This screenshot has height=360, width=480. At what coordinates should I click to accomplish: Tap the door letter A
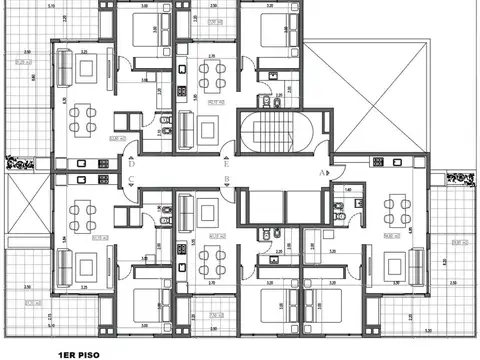click(322, 172)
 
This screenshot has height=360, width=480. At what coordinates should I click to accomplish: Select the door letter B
click(229, 181)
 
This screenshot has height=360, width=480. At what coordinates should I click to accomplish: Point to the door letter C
click(132, 181)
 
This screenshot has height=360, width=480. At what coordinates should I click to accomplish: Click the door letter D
click(132, 165)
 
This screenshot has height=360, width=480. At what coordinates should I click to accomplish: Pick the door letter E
click(229, 165)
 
